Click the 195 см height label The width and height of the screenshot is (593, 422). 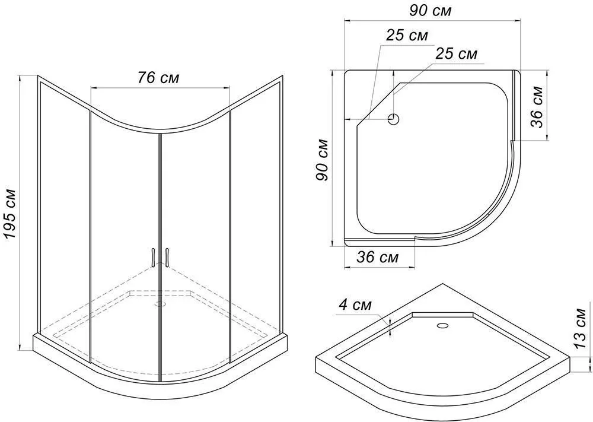click(x=10, y=214)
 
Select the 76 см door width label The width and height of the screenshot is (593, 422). click(x=158, y=78)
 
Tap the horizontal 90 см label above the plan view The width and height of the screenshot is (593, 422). click(x=430, y=11)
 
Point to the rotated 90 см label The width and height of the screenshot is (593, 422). click(x=322, y=160)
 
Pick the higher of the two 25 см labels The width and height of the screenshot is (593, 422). click(x=407, y=35)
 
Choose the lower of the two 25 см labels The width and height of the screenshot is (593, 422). click(x=456, y=54)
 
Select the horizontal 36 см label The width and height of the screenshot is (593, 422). click(x=377, y=258)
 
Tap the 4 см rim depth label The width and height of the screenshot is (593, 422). click(x=355, y=305)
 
